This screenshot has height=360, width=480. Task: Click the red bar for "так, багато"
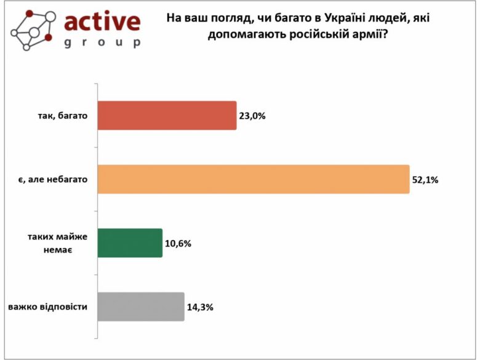(167, 115)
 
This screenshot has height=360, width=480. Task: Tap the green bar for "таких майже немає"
(130, 243)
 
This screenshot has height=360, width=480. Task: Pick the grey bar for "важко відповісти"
(141, 306)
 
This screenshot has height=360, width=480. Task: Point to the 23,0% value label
(253, 115)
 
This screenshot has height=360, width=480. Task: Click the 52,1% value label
(426, 180)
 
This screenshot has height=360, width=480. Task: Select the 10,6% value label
(178, 243)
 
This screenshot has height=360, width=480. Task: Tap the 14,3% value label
(201, 306)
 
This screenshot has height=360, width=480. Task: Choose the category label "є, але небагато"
(52, 179)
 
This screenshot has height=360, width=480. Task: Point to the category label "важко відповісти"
(47, 306)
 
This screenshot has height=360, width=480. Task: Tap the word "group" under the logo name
(102, 44)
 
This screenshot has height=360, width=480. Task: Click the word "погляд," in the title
(234, 18)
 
